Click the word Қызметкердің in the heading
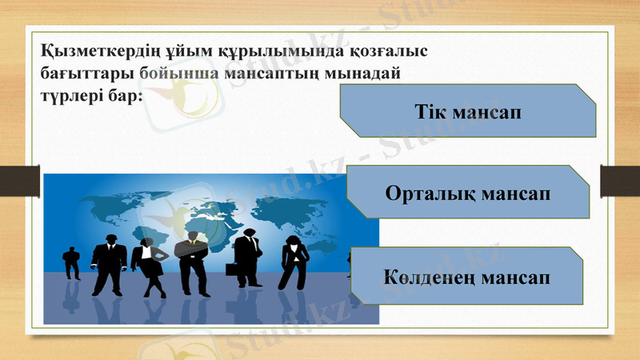coord(87,50)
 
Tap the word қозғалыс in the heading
coord(390,50)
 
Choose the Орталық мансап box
coord(469,193)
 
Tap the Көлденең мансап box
coord(469,276)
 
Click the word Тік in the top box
coord(430,110)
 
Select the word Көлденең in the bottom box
coord(432,277)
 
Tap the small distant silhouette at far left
coord(72,262)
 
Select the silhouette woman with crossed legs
coord(147,264)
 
